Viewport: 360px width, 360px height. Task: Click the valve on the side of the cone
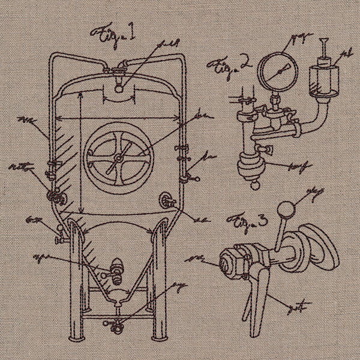114,268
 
